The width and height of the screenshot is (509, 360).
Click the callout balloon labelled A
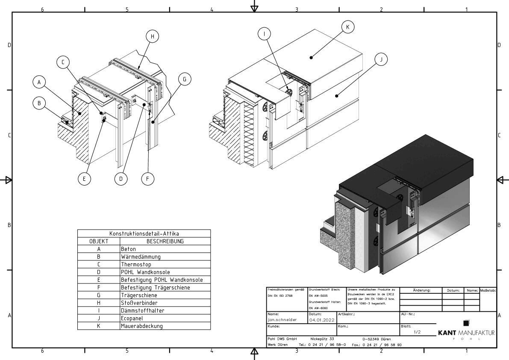39,82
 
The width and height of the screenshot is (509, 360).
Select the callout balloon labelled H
152,36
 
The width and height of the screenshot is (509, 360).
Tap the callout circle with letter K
348,27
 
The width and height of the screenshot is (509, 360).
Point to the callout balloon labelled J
381,59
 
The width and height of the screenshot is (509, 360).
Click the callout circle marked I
265,33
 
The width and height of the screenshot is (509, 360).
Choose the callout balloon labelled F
147,178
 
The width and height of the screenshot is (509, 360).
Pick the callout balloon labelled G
185,79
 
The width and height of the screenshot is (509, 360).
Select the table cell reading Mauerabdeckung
141,326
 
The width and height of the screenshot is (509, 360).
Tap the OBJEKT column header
99,241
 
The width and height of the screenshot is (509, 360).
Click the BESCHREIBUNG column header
165,241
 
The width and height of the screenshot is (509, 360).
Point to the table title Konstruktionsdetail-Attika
144,233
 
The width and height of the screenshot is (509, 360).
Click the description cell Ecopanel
132,318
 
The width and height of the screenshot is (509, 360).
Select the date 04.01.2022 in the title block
321,320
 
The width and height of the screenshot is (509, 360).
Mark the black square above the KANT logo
466,323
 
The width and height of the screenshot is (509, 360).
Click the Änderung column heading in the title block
421,290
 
